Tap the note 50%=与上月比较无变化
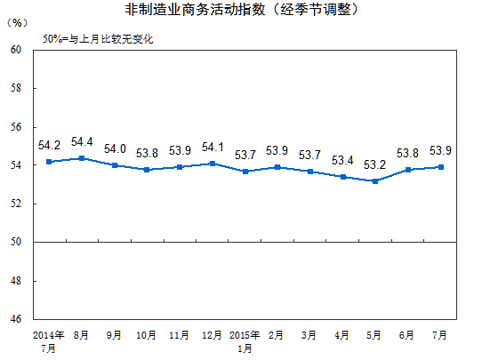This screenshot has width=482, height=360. [x=98, y=40]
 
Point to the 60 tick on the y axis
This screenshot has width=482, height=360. [x=15, y=49]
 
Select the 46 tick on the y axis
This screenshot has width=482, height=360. [x=15, y=318]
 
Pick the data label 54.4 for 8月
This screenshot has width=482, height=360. [x=82, y=141]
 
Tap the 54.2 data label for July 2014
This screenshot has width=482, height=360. [x=50, y=145]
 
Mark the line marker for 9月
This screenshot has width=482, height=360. [x=114, y=165]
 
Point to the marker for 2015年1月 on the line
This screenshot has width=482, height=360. [x=245, y=171]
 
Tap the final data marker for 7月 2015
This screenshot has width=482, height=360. [x=440, y=167]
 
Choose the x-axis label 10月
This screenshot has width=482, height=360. [x=147, y=335]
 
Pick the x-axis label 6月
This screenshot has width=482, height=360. [x=407, y=335]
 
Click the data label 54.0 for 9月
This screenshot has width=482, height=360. [x=115, y=149]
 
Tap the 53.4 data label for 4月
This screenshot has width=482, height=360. [x=342, y=160]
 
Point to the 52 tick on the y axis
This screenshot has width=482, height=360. [x=15, y=204]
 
